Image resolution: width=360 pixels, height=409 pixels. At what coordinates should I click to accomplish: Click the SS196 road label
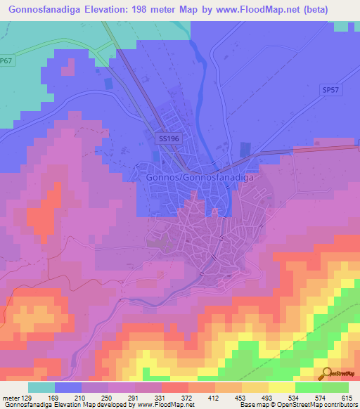[x=168, y=139]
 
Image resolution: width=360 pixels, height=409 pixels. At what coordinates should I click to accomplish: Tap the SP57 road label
[x=330, y=90]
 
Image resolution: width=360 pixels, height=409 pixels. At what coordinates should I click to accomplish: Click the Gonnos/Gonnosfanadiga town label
[x=199, y=178]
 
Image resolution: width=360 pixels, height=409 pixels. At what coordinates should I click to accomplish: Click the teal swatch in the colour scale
[x=41, y=387]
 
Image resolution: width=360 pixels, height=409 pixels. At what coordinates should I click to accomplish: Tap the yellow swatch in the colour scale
[x=282, y=387]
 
